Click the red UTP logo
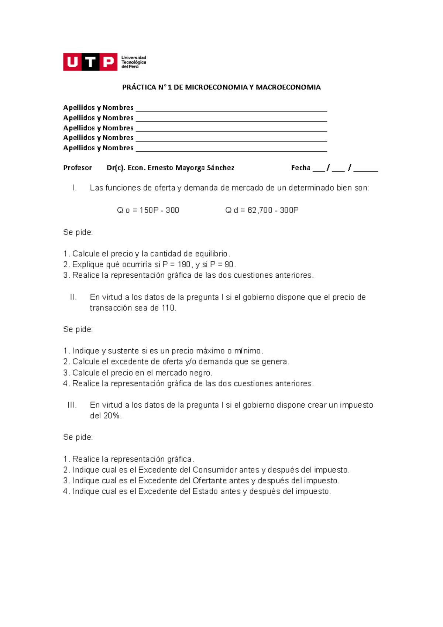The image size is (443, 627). click(x=90, y=62)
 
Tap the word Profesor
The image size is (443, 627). click(x=78, y=168)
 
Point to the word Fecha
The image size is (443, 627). click(x=301, y=168)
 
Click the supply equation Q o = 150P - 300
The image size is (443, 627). click(x=148, y=210)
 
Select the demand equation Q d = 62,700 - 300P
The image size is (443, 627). click(x=262, y=210)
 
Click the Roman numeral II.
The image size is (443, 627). click(x=73, y=297)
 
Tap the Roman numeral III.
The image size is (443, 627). click(x=72, y=405)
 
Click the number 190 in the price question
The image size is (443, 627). click(x=184, y=264)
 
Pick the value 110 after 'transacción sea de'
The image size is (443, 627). click(x=168, y=308)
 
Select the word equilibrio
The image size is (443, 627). click(x=210, y=254)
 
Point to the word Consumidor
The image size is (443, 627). click(x=214, y=470)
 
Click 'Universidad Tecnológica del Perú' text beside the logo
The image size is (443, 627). click(x=134, y=62)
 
